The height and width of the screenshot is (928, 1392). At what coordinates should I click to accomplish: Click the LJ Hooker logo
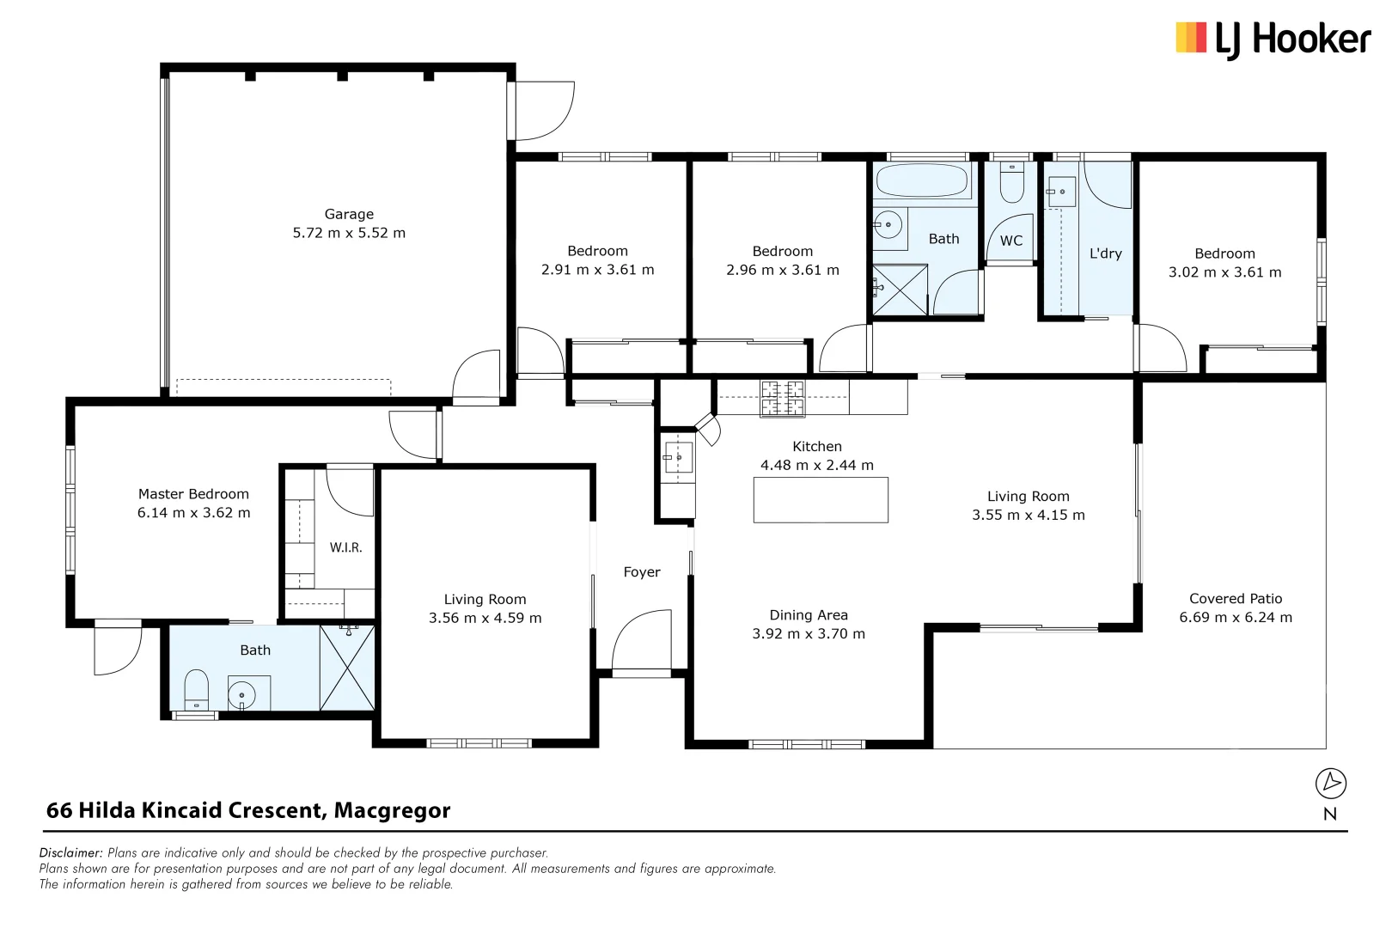click(1273, 40)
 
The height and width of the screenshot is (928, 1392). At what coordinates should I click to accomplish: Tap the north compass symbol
click(1330, 783)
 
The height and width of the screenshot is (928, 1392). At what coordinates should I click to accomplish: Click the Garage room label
click(349, 214)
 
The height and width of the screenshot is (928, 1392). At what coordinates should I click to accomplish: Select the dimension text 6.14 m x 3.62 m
click(194, 513)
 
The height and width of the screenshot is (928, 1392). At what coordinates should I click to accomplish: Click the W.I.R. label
click(345, 547)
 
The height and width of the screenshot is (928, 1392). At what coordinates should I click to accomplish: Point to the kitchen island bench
click(821, 500)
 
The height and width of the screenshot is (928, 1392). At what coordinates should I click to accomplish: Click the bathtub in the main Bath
click(921, 181)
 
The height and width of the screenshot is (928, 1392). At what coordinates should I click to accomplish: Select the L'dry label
click(1105, 253)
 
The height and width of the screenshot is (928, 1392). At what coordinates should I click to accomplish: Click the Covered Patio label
click(1236, 599)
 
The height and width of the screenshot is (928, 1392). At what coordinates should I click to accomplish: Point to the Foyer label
click(642, 572)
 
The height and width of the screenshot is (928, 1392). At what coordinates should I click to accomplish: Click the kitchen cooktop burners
click(782, 399)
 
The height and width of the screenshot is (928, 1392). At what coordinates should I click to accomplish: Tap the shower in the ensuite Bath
click(347, 668)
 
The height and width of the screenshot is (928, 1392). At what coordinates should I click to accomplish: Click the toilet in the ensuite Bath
click(197, 689)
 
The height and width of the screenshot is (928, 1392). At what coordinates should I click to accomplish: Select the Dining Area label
click(809, 615)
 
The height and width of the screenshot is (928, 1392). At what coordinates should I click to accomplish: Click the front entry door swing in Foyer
click(640, 640)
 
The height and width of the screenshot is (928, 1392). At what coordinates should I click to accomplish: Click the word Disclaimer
click(70, 853)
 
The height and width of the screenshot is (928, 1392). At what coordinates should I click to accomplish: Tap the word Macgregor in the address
click(392, 810)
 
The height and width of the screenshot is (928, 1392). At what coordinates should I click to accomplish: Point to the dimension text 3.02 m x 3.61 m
click(1224, 272)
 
